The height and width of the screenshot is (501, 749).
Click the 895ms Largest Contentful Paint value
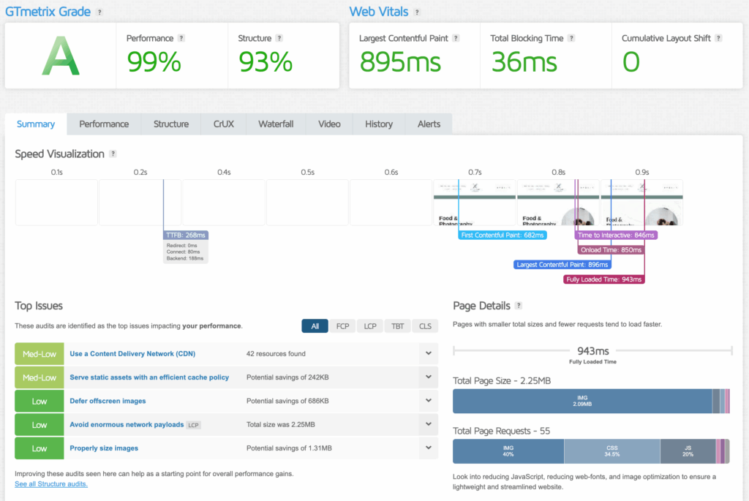point(401,63)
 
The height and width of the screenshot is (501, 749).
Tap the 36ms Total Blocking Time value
point(524,63)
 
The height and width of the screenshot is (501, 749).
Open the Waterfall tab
point(276,124)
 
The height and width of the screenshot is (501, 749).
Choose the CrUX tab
point(224,124)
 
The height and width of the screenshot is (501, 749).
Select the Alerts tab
point(429,124)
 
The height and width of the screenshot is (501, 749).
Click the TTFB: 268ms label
point(187,236)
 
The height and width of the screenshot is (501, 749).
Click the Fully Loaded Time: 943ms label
point(604,279)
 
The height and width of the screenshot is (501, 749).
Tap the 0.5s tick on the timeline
point(307,173)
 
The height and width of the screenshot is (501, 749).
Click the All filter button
point(315,326)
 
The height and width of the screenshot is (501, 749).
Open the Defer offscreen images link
point(108,401)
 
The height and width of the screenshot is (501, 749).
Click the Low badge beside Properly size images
point(39,448)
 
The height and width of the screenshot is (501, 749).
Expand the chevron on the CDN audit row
point(428,354)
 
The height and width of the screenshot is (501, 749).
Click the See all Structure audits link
point(51,484)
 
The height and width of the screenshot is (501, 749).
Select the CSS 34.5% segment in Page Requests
point(611,451)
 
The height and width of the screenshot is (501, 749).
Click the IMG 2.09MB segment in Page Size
point(582,401)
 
